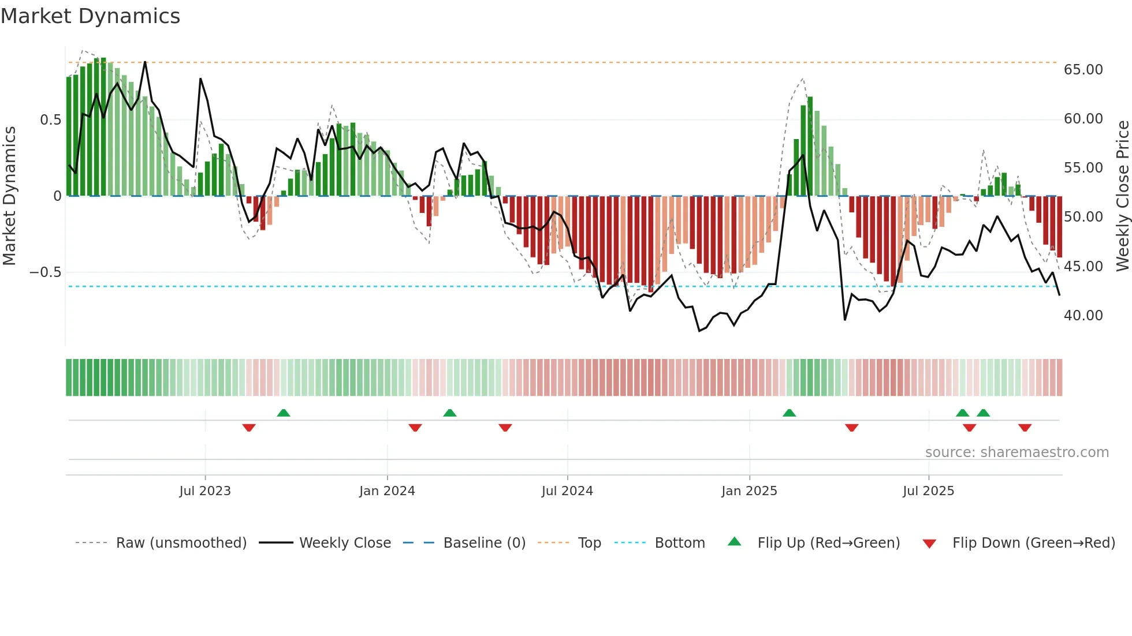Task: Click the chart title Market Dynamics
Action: click(90, 16)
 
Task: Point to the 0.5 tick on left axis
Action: click(50, 120)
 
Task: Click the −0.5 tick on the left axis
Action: click(45, 272)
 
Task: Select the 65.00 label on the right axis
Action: click(1083, 70)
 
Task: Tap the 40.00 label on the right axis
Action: click(1083, 316)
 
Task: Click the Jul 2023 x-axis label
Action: click(205, 491)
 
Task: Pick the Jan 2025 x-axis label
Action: click(749, 491)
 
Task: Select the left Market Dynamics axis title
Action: click(9, 196)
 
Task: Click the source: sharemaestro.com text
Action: click(1016, 452)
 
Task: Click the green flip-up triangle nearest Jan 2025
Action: click(789, 413)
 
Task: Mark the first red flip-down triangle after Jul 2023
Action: click(249, 428)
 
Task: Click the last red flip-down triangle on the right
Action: click(1025, 428)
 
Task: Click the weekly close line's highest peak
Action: click(145, 62)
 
